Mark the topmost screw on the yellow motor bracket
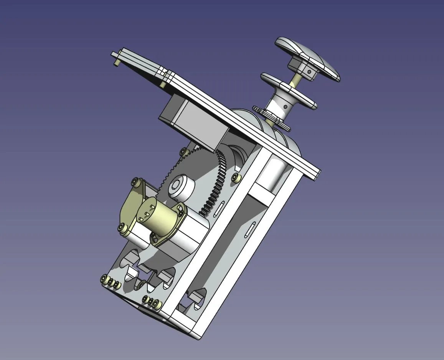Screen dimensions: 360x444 [136, 181]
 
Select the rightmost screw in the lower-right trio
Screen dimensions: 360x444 [156, 304]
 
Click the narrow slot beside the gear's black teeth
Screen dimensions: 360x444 [220, 207]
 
